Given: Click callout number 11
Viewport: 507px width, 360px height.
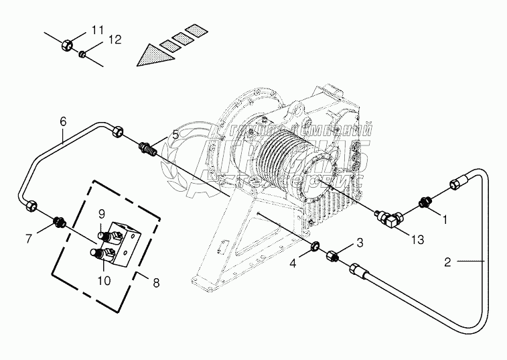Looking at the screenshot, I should click(98, 29).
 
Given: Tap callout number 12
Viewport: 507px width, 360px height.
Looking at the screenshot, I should click(115, 40).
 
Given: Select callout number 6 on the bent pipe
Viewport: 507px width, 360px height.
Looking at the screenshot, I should click(63, 121).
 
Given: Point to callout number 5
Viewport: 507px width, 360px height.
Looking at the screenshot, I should click(175, 135).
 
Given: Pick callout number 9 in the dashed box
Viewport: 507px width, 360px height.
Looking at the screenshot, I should click(102, 214).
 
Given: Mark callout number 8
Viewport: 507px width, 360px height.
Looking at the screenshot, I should click(156, 282).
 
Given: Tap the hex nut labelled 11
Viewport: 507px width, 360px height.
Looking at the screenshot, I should click(67, 45).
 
